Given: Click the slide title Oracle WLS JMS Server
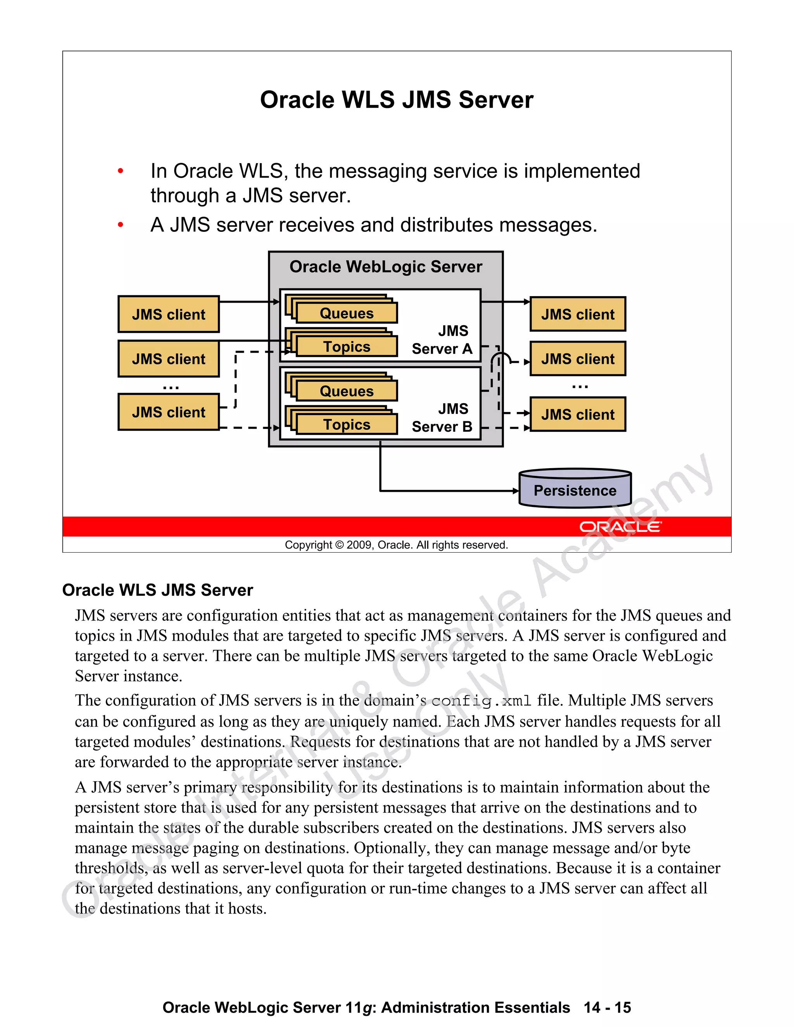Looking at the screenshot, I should (397, 100).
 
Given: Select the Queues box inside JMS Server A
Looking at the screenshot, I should (347, 313).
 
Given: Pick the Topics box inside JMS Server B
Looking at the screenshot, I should (347, 424).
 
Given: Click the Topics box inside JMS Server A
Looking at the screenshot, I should (347, 346).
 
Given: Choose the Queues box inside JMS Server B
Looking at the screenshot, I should (347, 391).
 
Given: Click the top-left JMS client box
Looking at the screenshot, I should (168, 314).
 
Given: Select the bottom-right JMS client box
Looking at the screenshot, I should (578, 414).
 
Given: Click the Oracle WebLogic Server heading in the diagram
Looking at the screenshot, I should (386, 267).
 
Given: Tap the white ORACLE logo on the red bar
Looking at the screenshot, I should (620, 527).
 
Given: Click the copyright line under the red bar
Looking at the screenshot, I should (397, 545).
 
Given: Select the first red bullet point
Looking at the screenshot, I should (121, 171).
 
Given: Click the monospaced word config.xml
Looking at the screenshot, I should (481, 701).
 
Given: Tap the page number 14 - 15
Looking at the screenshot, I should (607, 1007).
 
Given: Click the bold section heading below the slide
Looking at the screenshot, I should (157, 590).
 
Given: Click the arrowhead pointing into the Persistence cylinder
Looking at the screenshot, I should (516, 491).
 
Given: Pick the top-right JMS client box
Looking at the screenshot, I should (578, 314).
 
